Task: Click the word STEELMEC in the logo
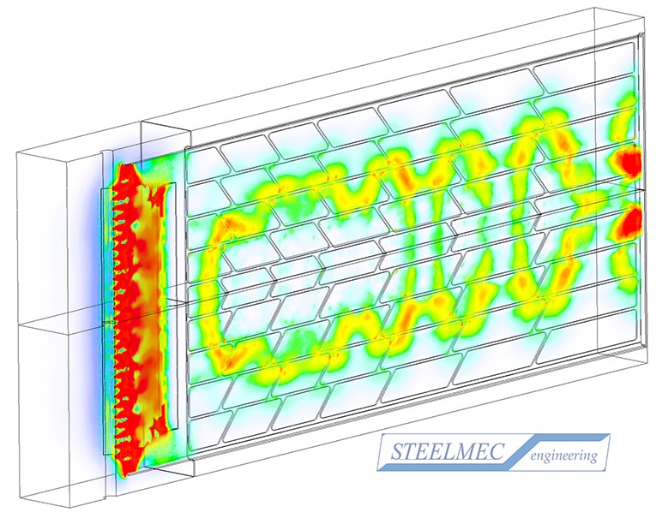447,451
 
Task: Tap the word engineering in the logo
563,456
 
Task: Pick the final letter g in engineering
593,458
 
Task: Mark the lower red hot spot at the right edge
632,220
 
